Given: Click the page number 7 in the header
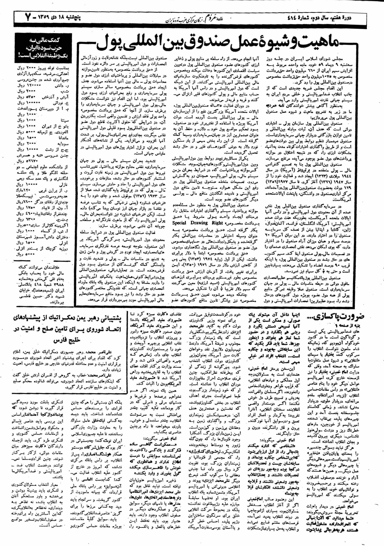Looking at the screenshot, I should coord(27,18).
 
